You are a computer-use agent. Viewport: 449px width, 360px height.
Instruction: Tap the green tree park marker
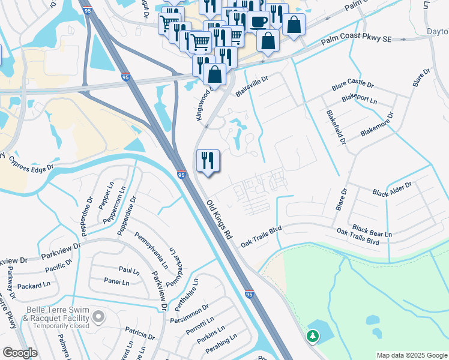(312, 337)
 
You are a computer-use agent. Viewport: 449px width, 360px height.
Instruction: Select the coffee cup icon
(258, 23)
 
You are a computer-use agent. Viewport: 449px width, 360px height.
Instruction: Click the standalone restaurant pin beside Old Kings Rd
(208, 161)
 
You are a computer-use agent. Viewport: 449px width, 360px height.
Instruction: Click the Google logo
(20, 353)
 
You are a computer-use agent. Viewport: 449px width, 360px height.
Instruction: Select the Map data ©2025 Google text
(411, 355)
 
